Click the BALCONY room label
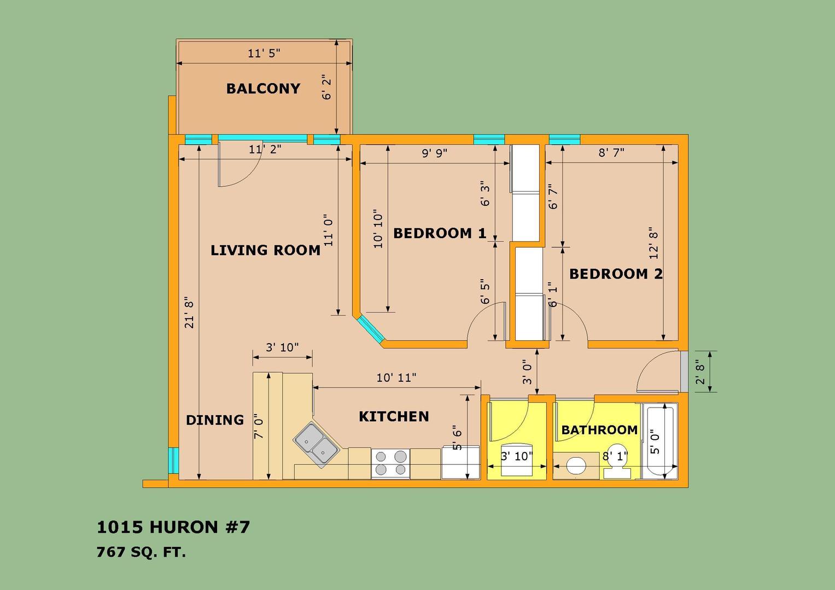(x=263, y=88)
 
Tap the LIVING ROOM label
(x=265, y=250)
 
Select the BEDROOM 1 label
(x=440, y=233)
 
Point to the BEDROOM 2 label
(x=616, y=274)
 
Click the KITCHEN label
(x=394, y=416)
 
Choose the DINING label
(x=215, y=420)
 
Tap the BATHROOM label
(x=599, y=430)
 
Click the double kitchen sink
(x=317, y=445)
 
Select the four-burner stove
(x=390, y=463)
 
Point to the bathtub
(x=660, y=441)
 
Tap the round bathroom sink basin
(x=576, y=465)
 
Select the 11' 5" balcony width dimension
(x=264, y=54)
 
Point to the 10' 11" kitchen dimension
(x=396, y=377)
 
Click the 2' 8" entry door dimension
(x=700, y=374)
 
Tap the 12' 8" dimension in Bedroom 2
(x=653, y=243)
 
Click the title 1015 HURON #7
(x=173, y=527)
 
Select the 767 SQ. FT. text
(x=141, y=552)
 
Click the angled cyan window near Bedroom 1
(x=370, y=329)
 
